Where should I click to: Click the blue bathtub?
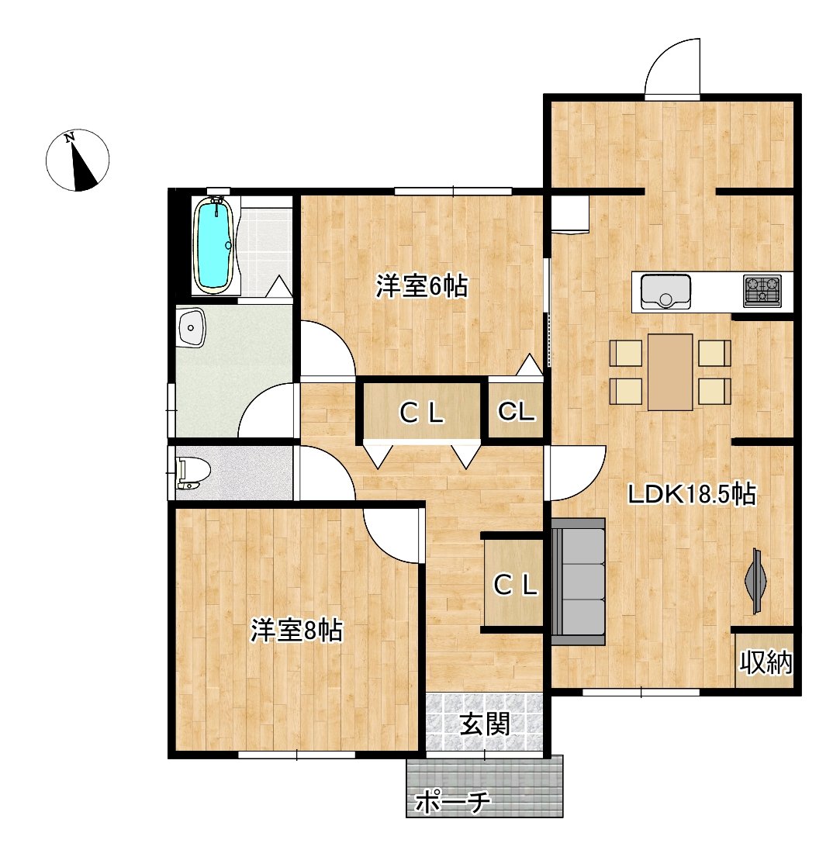(216, 245)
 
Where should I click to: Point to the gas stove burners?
(762, 291)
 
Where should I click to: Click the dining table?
(670, 371)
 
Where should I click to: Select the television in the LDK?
(756, 580)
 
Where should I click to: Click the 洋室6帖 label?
(421, 286)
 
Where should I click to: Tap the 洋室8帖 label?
(297, 631)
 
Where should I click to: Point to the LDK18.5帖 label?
(691, 494)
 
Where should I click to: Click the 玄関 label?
(486, 724)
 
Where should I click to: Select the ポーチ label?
(453, 803)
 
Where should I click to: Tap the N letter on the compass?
(70, 138)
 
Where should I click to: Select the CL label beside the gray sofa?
(515, 586)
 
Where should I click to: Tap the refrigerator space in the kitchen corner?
(570, 215)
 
